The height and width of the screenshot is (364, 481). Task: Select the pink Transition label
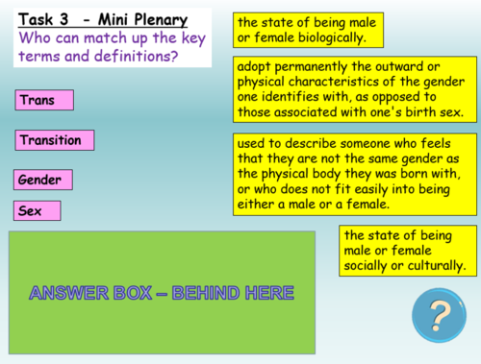point(56,140)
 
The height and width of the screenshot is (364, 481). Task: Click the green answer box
point(162,291)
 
